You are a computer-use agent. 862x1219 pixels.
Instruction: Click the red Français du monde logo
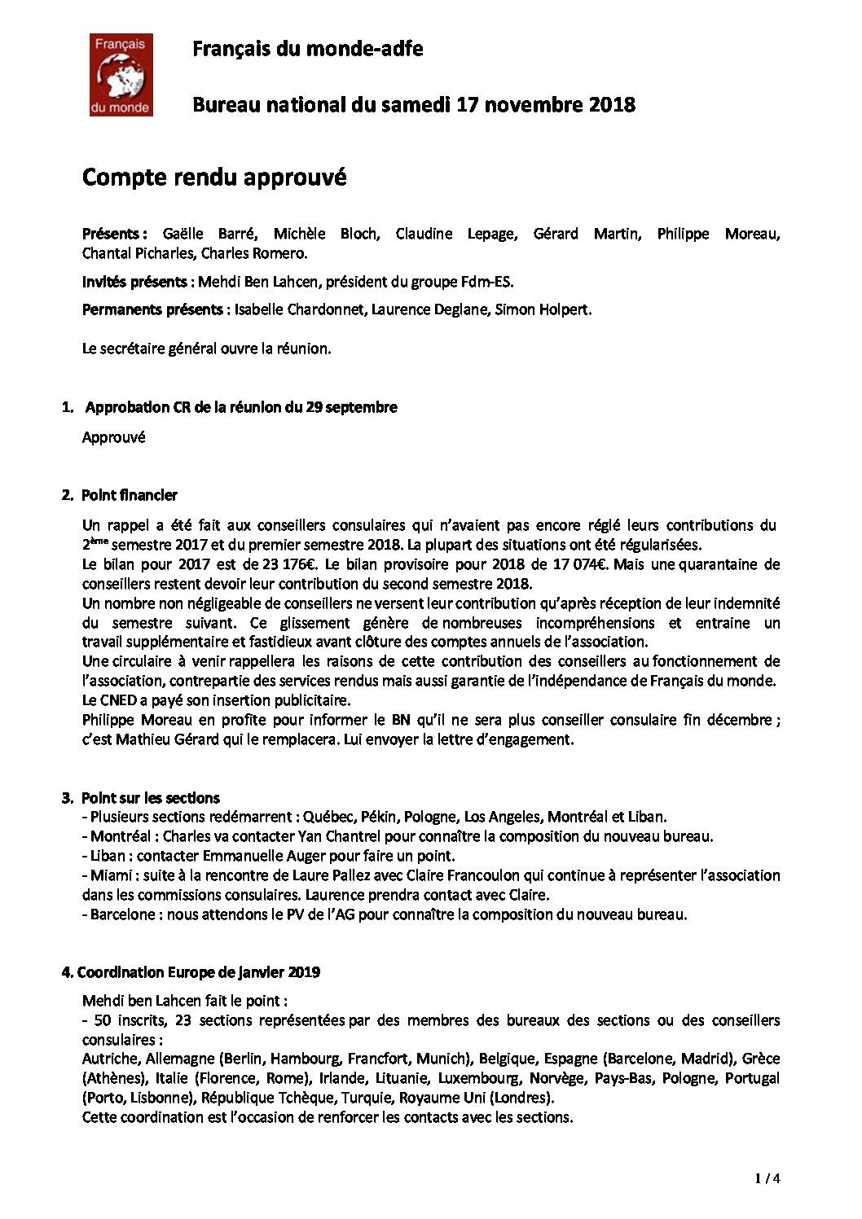click(x=121, y=75)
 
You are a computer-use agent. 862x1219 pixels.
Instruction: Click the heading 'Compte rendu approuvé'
click(x=214, y=177)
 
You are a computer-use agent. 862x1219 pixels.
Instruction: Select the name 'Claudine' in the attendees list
click(x=424, y=234)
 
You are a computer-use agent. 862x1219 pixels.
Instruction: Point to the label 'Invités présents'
click(x=134, y=283)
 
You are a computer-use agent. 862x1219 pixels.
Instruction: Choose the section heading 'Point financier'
click(x=130, y=494)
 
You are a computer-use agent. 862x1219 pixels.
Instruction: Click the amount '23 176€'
click(x=292, y=564)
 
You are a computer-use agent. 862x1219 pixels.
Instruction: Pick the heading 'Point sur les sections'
click(x=151, y=797)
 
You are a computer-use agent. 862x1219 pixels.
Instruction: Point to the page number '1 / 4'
click(x=767, y=1177)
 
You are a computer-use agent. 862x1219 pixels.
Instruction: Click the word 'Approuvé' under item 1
click(x=113, y=437)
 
